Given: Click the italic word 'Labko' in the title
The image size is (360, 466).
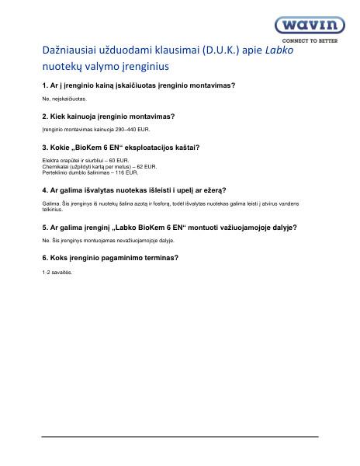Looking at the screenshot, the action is (282, 51).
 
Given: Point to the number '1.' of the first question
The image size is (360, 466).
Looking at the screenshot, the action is (44, 84).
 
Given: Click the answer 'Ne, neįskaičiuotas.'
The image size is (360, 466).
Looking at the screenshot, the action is (64, 99).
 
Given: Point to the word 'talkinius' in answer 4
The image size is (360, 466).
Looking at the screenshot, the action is (53, 209).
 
